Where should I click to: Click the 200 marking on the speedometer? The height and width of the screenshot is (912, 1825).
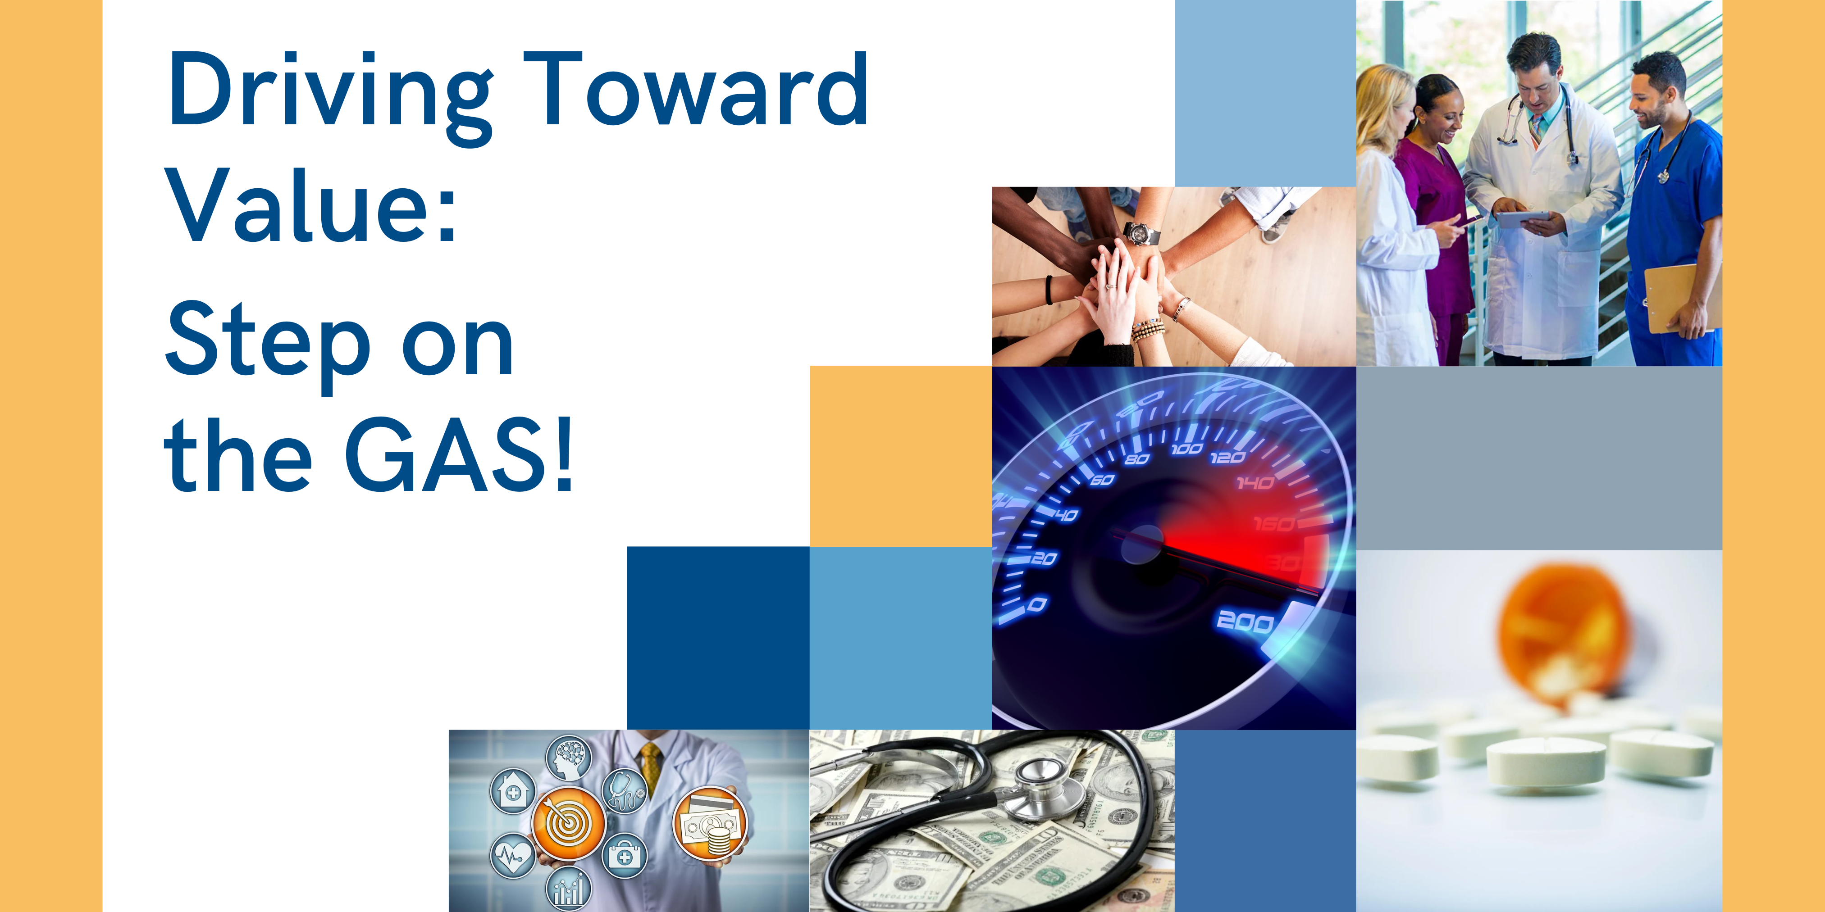[1245, 621]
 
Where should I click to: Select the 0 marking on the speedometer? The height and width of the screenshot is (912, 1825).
[1036, 604]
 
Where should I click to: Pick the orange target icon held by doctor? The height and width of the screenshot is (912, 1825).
[568, 823]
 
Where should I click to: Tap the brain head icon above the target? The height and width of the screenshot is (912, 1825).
[568, 758]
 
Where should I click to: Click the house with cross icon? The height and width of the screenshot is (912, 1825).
[512, 790]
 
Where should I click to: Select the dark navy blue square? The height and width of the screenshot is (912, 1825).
[718, 637]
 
